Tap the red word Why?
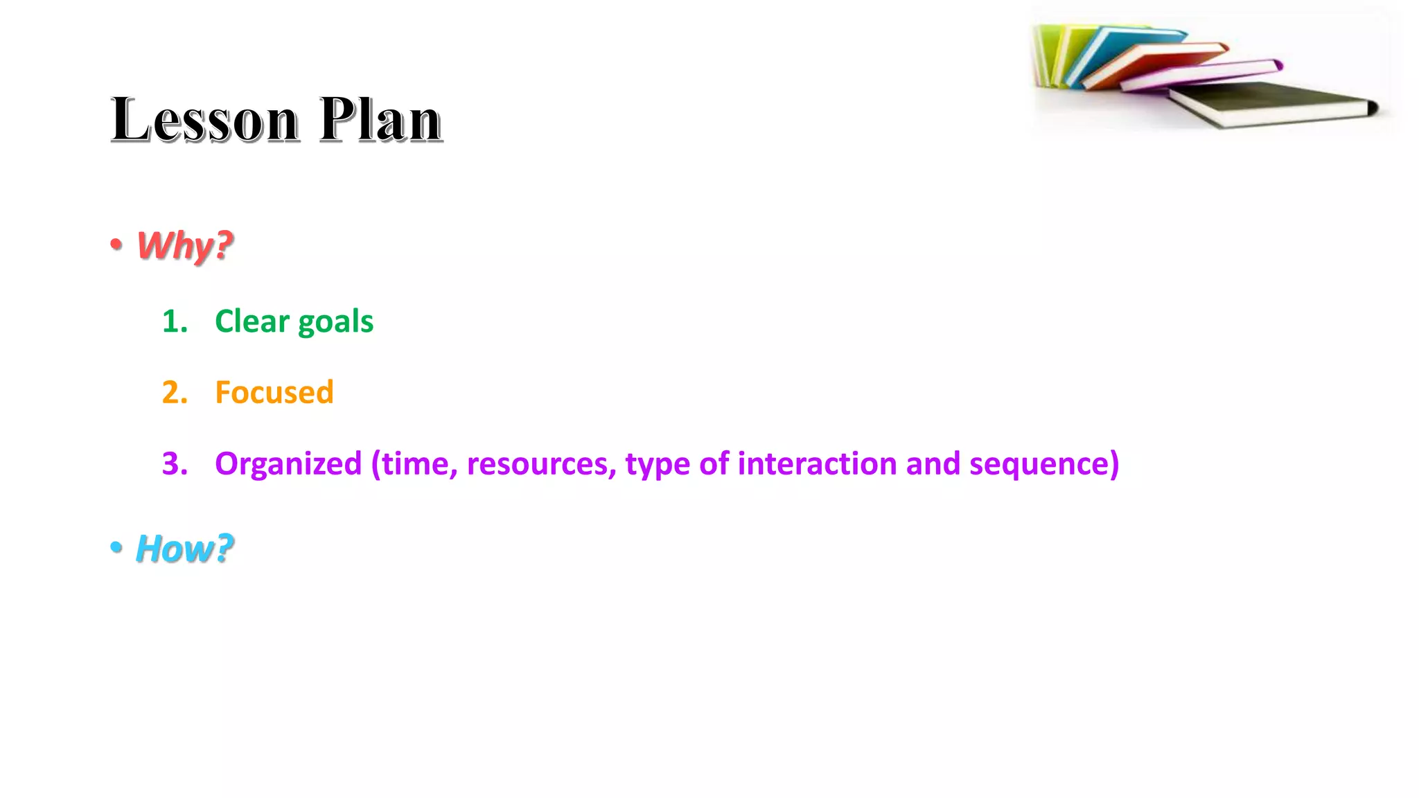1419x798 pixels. pyautogui.click(x=184, y=245)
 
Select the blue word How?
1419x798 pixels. pyautogui.click(x=184, y=549)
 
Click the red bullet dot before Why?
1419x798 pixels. pyautogui.click(x=116, y=244)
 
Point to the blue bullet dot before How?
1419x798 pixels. pyautogui.click(x=116, y=547)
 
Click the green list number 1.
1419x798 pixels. pyautogui.click(x=174, y=321)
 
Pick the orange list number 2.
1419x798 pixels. pyautogui.click(x=174, y=392)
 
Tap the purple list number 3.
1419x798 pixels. pyautogui.click(x=174, y=463)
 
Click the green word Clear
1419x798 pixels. pyautogui.click(x=252, y=321)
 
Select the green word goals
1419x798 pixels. pyautogui.click(x=335, y=323)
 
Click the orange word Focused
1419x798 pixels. pyautogui.click(x=274, y=392)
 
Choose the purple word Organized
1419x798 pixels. pyautogui.click(x=288, y=464)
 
